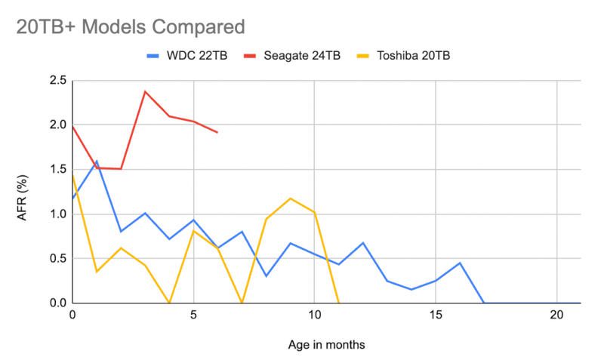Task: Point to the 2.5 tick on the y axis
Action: click(57, 81)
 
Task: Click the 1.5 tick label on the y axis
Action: click(57, 170)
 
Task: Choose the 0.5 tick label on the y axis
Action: click(57, 259)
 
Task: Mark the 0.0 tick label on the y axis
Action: click(57, 303)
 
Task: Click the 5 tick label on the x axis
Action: click(193, 315)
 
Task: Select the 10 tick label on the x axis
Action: click(314, 315)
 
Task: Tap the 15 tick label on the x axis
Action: click(436, 315)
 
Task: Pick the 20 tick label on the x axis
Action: click(556, 315)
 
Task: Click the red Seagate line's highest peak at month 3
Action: click(145, 91)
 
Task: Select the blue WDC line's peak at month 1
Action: click(97, 161)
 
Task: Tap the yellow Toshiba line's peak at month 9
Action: click(290, 198)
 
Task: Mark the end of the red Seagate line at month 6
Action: click(217, 133)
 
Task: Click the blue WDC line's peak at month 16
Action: click(460, 263)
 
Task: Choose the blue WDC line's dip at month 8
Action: click(266, 276)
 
